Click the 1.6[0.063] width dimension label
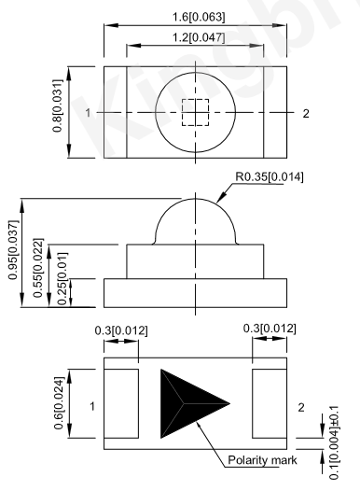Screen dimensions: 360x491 point(199,17)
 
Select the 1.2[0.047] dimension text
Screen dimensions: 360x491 point(199,37)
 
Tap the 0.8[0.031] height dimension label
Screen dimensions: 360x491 point(58,105)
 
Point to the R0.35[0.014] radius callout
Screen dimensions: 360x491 point(269,177)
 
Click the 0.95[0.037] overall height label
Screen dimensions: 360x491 point(13,249)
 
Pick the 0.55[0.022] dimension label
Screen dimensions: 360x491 point(38,268)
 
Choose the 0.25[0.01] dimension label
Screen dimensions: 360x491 point(62,279)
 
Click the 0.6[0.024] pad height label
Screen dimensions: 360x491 point(59,403)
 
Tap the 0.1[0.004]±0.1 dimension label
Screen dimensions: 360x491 point(334,442)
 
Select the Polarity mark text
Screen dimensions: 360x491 point(262,460)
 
